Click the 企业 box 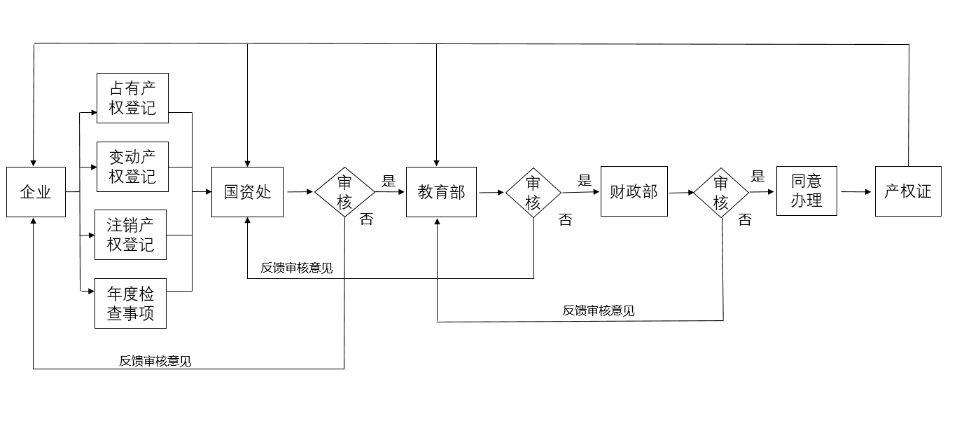click(36, 192)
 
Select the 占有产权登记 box click(132, 98)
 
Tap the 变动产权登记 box click(132, 166)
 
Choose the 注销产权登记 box click(131, 235)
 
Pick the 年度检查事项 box click(131, 303)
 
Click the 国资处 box click(247, 192)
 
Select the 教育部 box click(441, 192)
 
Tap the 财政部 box click(634, 191)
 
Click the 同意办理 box click(806, 191)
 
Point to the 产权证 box click(908, 191)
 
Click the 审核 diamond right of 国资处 click(344, 191)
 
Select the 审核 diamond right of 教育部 click(533, 192)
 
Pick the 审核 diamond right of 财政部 click(721, 192)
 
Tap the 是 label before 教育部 click(389, 181)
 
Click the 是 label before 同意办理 click(757, 176)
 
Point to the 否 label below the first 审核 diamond click(366, 219)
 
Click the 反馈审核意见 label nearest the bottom click(155, 361)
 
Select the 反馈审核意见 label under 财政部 click(599, 310)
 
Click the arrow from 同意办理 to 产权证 click(856, 191)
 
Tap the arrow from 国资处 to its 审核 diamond click(300, 191)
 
